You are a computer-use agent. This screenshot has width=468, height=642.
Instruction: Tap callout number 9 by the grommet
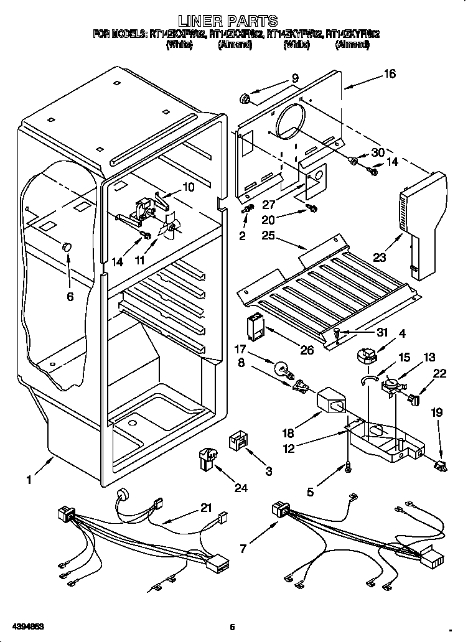point(294,78)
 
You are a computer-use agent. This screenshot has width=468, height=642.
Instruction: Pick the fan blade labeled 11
point(170,230)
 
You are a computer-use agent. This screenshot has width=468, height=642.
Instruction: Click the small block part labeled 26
point(255,324)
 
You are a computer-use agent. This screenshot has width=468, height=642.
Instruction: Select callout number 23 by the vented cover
point(380,256)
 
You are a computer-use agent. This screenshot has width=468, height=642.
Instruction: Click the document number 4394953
point(26,625)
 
